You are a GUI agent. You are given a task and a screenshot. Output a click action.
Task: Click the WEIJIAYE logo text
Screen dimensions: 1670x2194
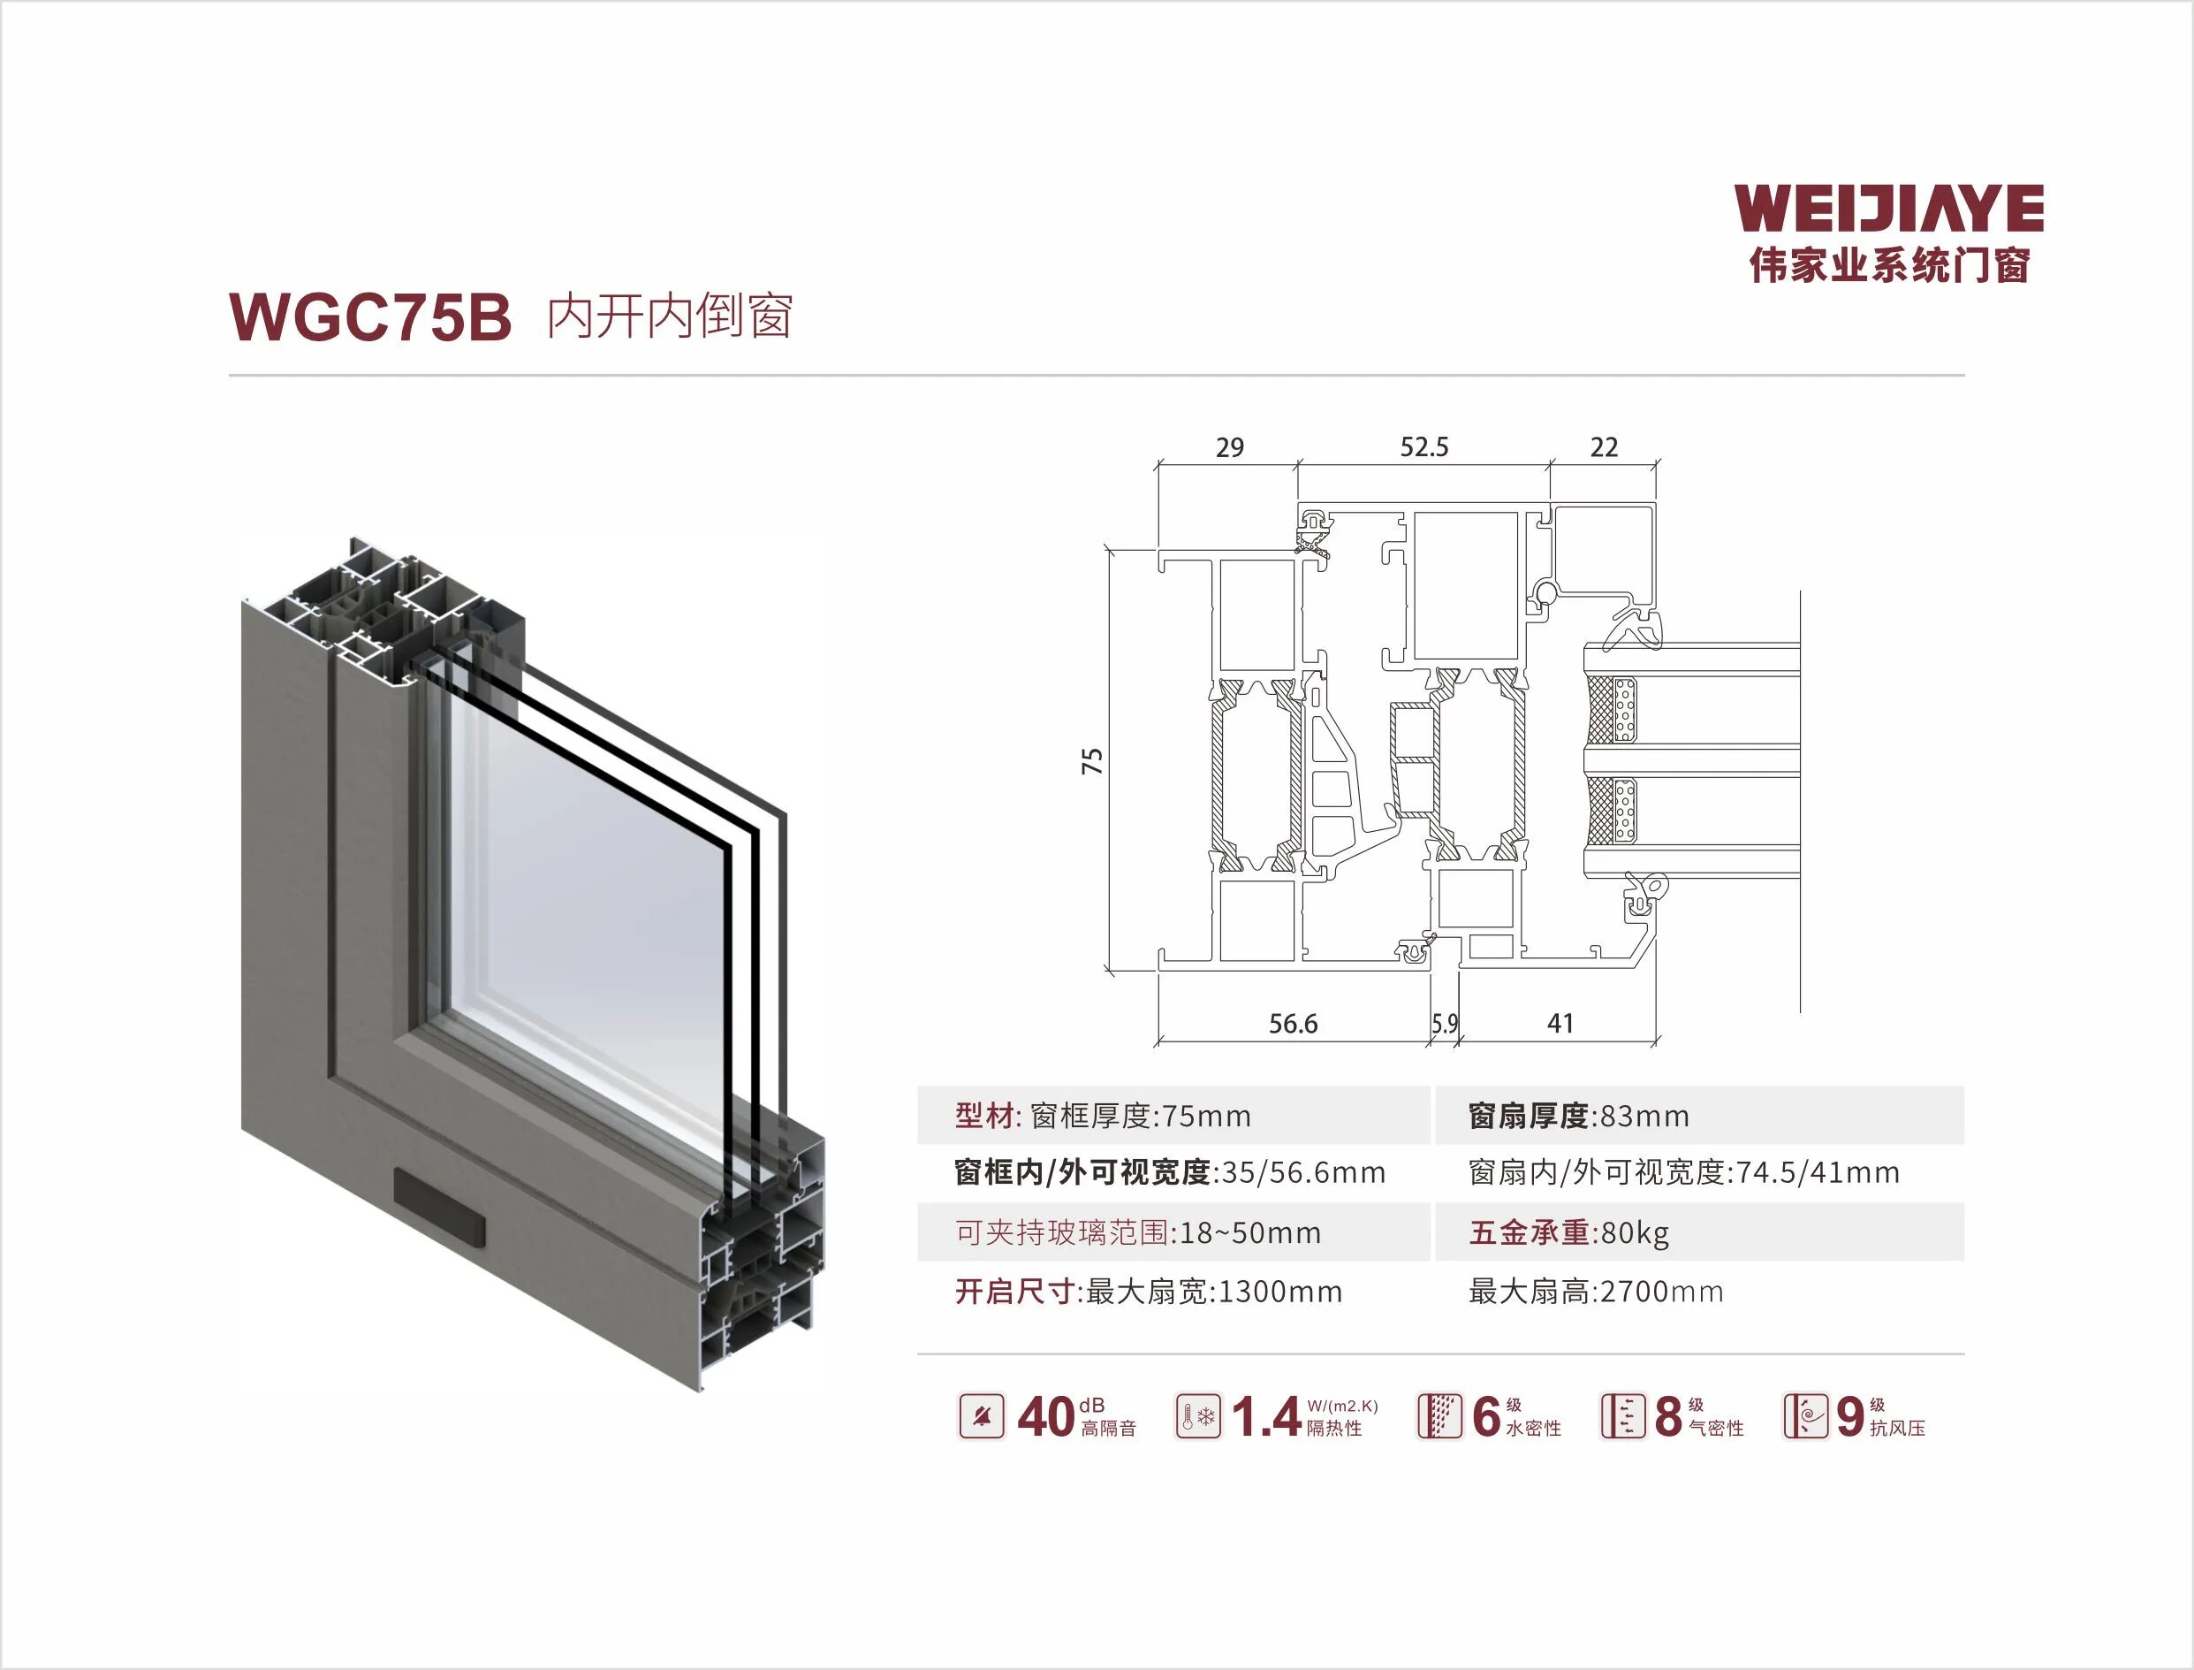pos(1888,210)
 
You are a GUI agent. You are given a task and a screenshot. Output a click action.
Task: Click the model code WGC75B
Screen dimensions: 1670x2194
pos(369,318)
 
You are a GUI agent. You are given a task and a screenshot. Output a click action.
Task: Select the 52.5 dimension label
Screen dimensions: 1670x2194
pos(1423,447)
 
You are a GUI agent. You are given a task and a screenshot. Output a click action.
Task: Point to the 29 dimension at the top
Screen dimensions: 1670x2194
pos(1229,448)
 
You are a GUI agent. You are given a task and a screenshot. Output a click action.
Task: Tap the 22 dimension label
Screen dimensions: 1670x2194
pos(1604,447)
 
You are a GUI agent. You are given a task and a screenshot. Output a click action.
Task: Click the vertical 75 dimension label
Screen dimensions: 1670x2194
pos(1092,761)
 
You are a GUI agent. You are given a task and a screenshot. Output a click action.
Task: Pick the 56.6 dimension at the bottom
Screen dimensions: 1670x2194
pos(1293,1024)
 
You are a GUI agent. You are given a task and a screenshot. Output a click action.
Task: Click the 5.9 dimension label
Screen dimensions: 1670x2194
pos(1445,1024)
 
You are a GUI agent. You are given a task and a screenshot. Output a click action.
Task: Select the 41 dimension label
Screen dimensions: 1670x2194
pos(1560,1024)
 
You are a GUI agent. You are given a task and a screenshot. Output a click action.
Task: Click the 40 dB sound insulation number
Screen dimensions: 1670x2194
pos(1045,1417)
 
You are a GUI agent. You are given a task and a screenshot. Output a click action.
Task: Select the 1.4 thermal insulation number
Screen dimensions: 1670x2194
pos(1266,1417)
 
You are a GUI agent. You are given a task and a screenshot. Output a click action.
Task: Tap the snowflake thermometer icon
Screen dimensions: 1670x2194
pos(1197,1416)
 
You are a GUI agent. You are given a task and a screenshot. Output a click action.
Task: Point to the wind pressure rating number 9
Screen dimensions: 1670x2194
pos(1849,1417)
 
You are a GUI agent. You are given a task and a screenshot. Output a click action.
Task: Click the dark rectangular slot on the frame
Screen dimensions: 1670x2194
pos(440,1209)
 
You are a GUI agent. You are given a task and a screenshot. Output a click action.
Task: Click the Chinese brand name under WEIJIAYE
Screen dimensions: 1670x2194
pos(1888,265)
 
